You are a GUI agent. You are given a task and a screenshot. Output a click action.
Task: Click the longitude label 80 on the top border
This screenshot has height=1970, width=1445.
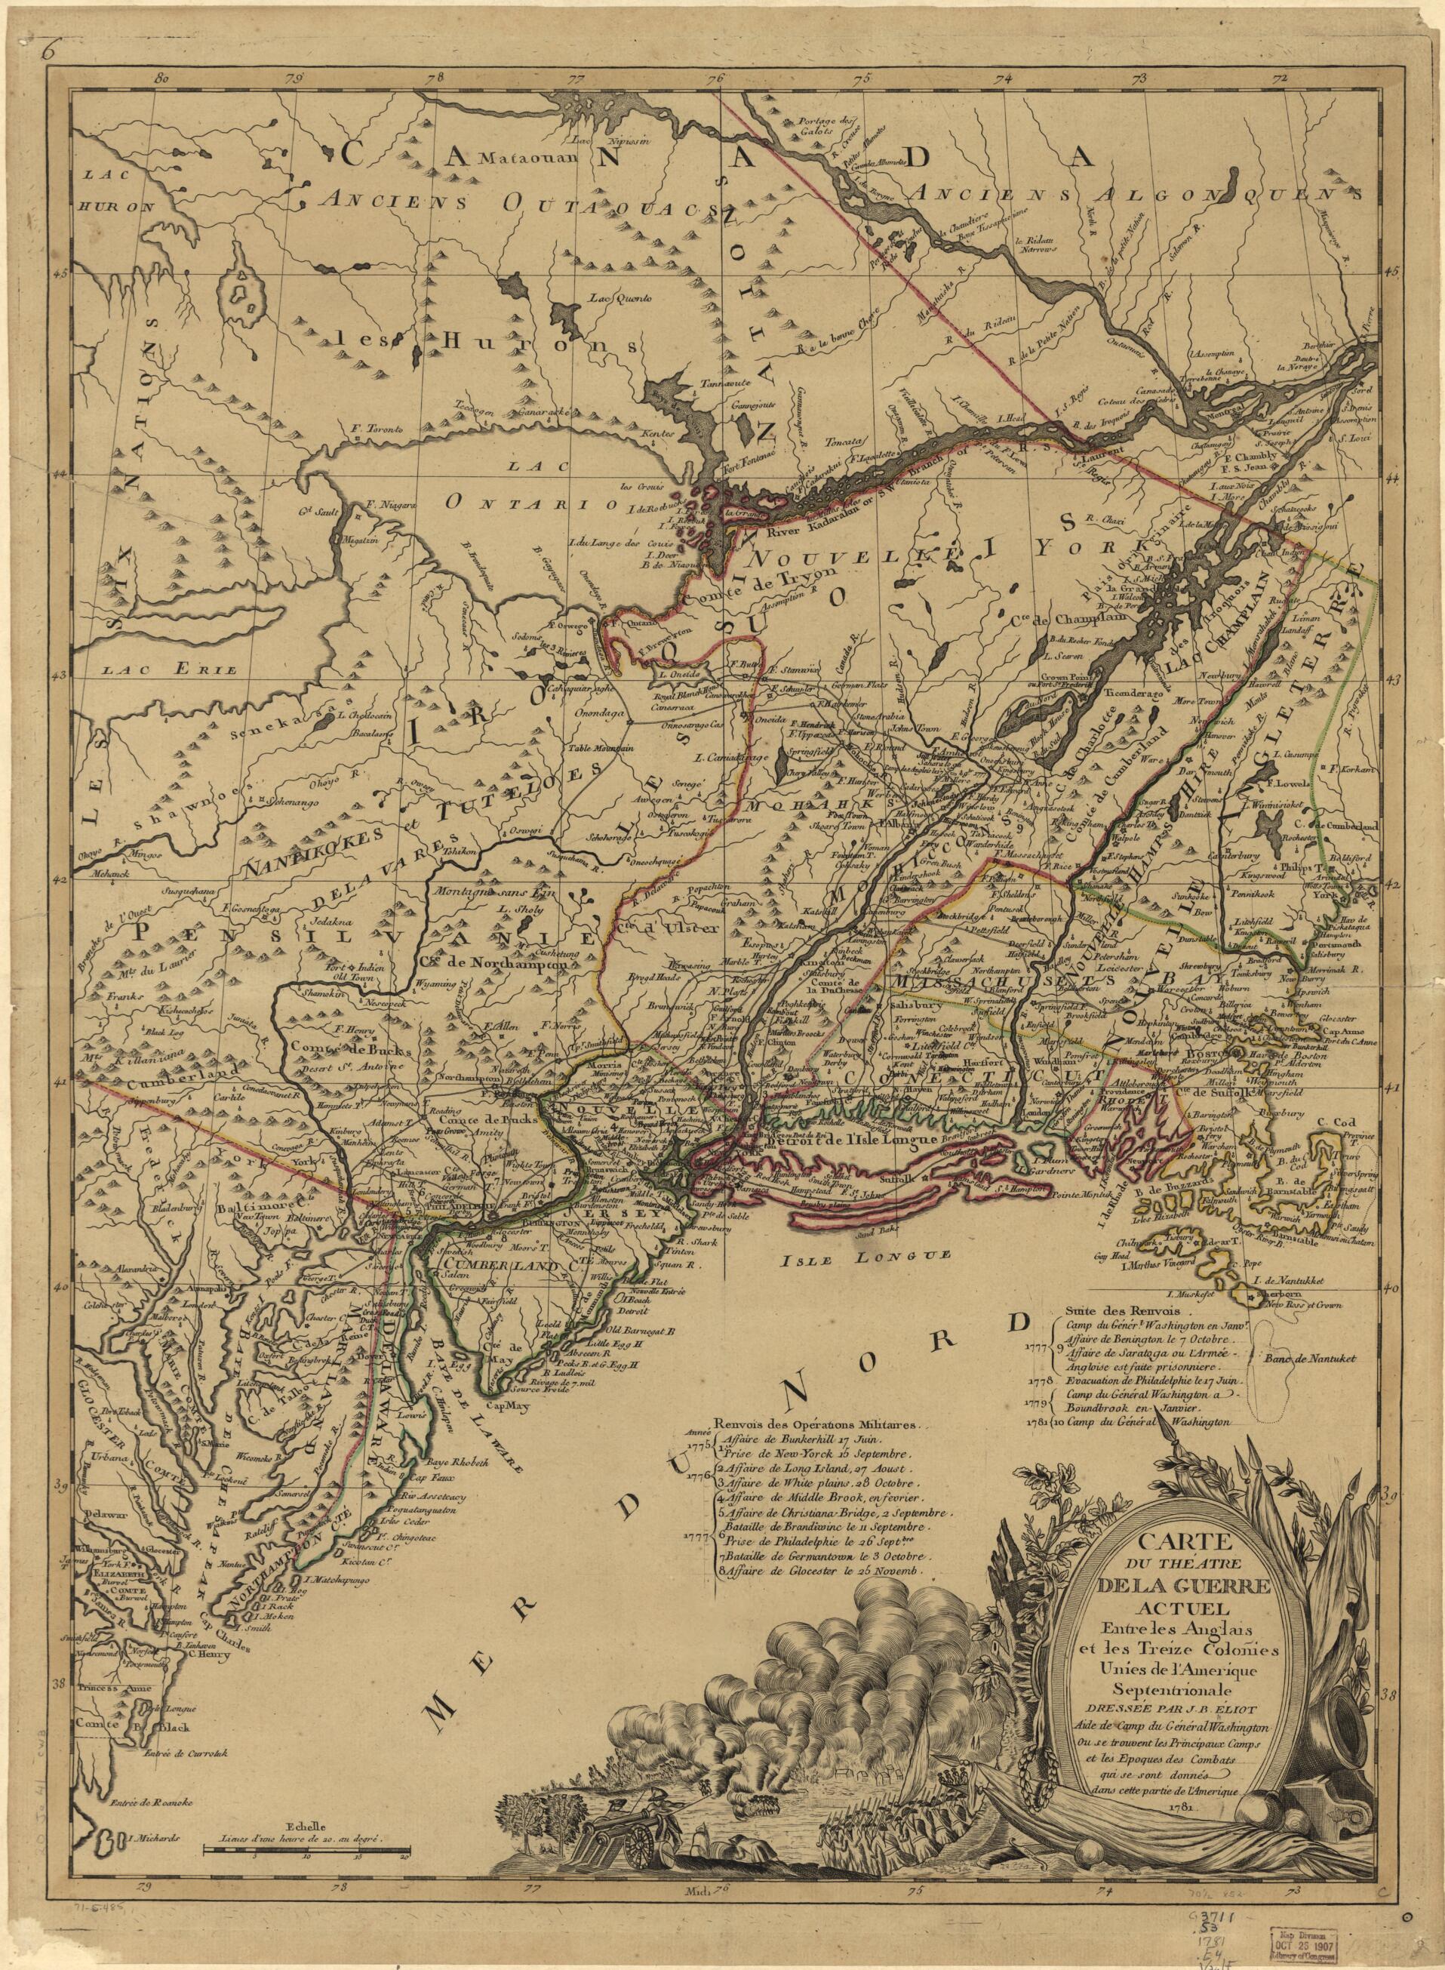(x=159, y=79)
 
